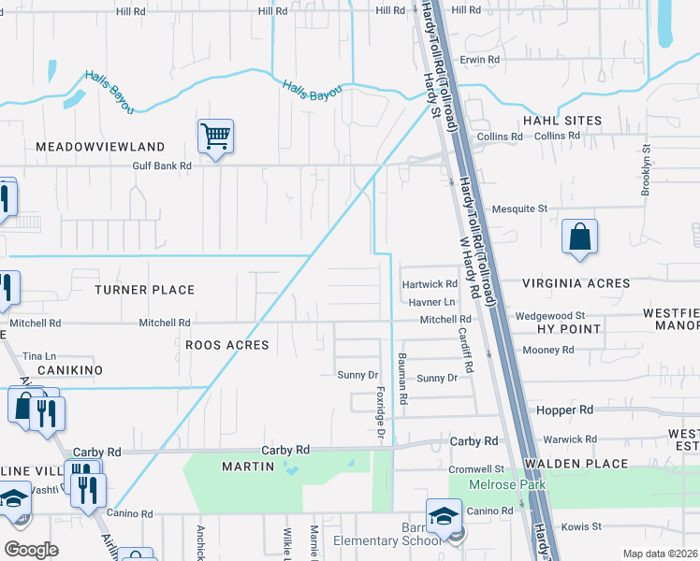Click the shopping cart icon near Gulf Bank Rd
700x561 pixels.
[x=215, y=137]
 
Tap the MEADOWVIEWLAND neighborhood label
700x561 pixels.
[x=100, y=147]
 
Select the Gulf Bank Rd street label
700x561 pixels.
[x=160, y=165]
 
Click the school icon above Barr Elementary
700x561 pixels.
[x=444, y=515]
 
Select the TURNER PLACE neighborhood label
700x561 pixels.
[x=144, y=290]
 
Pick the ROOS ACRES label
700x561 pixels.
[x=226, y=345]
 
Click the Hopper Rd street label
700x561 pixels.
[x=565, y=410]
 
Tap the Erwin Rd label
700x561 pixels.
[x=480, y=59]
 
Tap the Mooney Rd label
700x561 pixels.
[x=548, y=350]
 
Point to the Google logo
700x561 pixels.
[x=32, y=550]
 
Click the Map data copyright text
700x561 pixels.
[x=660, y=554]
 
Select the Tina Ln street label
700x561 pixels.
[x=39, y=356]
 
